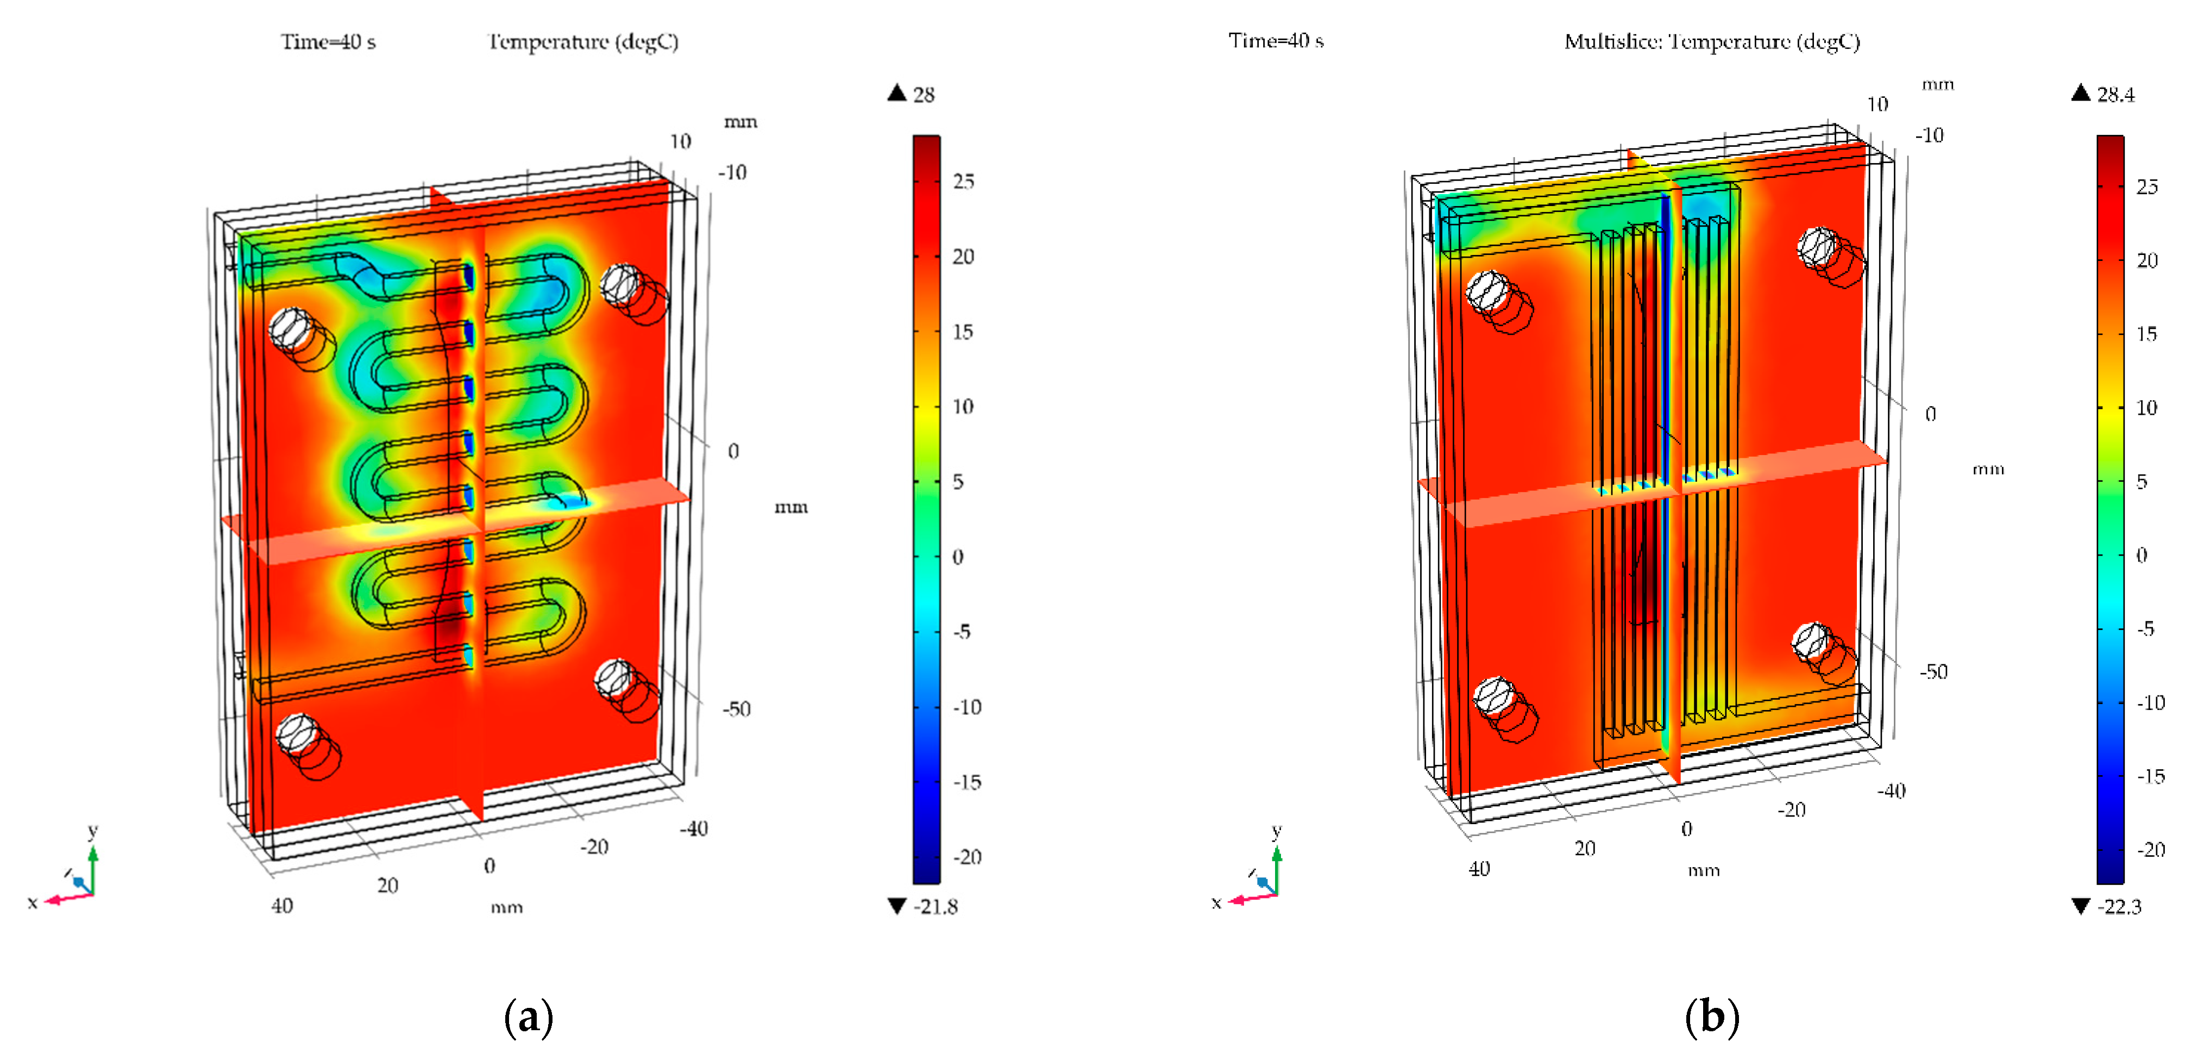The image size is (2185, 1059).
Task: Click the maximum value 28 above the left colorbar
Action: (x=924, y=94)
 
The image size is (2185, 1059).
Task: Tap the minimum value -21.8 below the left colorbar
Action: (x=935, y=906)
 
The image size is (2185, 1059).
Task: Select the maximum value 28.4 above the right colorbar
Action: (x=2115, y=94)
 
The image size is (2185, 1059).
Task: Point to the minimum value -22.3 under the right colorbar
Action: (x=2120, y=906)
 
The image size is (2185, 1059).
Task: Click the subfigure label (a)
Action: (x=529, y=1016)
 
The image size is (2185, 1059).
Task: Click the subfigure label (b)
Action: (x=1712, y=1016)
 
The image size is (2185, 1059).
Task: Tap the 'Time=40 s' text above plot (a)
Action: (x=328, y=41)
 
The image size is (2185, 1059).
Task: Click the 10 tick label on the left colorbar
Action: (x=963, y=407)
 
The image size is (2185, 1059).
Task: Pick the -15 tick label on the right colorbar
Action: (x=2150, y=776)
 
